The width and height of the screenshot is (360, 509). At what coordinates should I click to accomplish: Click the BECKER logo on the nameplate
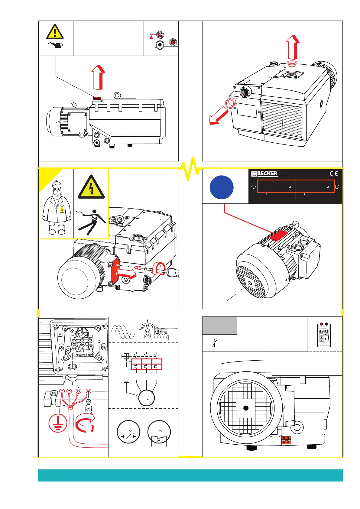(x=264, y=174)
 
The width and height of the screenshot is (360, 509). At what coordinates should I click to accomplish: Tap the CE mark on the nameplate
(x=334, y=174)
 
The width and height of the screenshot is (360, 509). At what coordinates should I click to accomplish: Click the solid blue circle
(x=222, y=187)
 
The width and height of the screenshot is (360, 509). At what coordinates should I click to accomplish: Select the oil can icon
(x=56, y=45)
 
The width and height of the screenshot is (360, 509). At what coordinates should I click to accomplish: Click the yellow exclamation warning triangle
(x=55, y=32)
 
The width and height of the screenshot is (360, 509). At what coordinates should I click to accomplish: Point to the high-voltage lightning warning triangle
(x=91, y=187)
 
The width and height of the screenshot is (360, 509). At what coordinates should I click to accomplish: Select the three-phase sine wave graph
(x=123, y=330)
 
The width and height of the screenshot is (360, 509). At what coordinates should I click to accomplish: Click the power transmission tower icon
(x=148, y=330)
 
